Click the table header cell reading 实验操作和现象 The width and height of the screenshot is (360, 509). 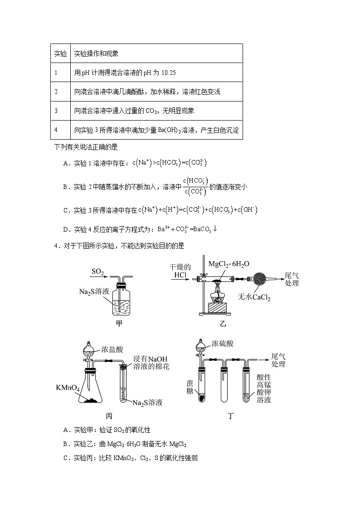pos(96,53)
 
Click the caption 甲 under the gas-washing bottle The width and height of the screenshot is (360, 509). pos(119,323)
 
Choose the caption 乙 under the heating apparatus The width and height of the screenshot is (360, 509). pos(223,324)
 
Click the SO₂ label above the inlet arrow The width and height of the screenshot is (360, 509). pos(98,271)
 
